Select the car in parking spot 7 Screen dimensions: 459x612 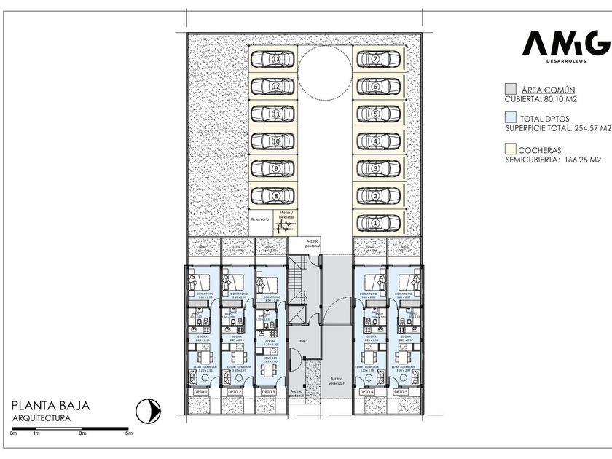point(375,59)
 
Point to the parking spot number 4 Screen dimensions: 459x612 point(375,141)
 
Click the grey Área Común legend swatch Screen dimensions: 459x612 point(511,88)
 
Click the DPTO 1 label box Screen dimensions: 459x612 point(201,392)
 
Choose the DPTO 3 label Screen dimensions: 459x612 point(268,392)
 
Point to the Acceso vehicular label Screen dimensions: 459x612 point(337,381)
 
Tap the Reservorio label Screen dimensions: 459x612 point(260,219)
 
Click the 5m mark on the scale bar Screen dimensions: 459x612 point(128,433)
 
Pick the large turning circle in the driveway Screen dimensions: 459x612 point(324,72)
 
